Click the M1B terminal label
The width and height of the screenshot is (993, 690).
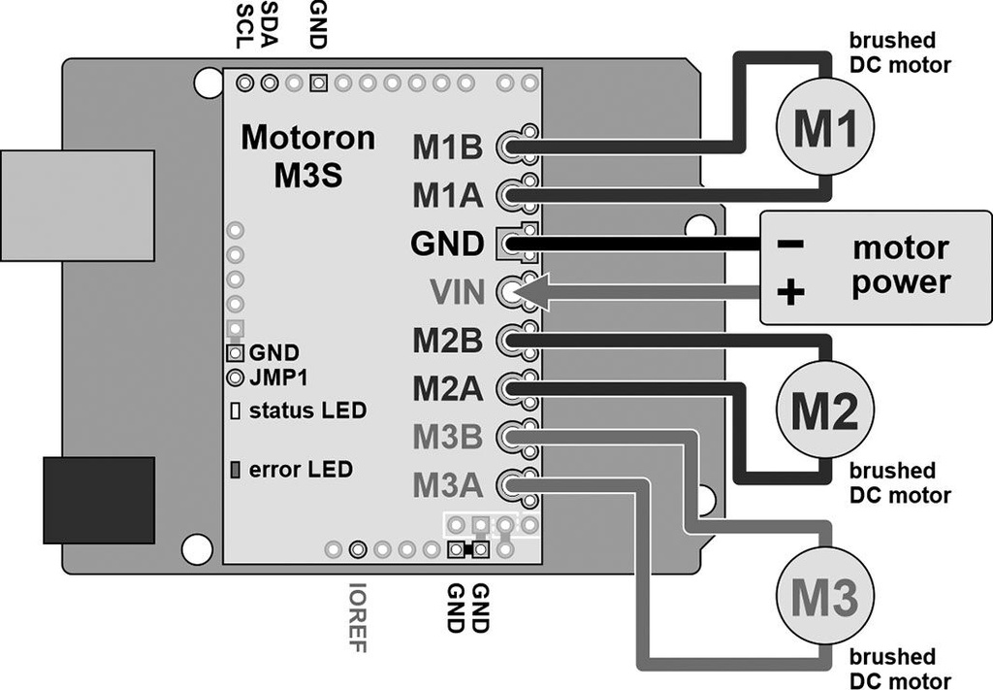pos(448,147)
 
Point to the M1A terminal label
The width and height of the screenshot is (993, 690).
pos(448,195)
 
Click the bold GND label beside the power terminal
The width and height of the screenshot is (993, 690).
pos(447,244)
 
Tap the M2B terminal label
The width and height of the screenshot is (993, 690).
pos(448,341)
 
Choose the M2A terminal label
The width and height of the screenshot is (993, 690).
pos(448,389)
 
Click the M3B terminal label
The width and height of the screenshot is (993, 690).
pos(448,437)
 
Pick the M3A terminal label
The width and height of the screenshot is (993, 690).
pos(448,483)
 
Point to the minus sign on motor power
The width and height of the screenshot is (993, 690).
pos(790,244)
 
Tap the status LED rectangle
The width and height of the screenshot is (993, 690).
pos(235,410)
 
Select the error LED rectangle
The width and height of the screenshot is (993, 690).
pos(235,470)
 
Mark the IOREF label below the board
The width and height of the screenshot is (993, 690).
pos(358,617)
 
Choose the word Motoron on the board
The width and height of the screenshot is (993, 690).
pos(307,137)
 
